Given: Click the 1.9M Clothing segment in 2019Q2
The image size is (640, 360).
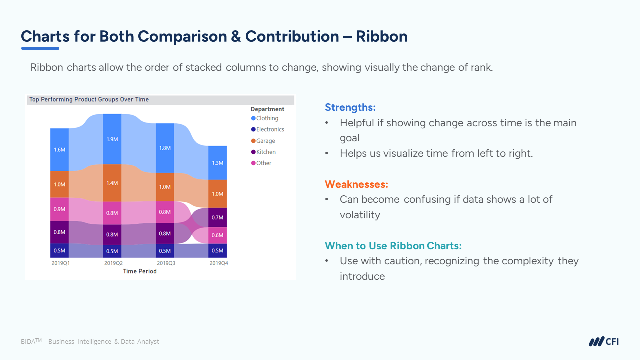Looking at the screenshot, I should pyautogui.click(x=112, y=139).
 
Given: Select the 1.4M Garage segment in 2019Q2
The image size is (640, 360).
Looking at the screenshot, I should pyautogui.click(x=112, y=183).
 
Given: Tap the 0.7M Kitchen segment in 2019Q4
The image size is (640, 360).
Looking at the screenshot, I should pyautogui.click(x=217, y=217).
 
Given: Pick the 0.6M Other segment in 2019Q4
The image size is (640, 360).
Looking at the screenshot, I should pyautogui.click(x=217, y=235).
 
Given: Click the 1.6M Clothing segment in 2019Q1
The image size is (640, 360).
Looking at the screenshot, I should pyautogui.click(x=59, y=150).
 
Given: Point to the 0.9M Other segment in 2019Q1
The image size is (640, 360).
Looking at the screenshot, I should pyautogui.click(x=59, y=209).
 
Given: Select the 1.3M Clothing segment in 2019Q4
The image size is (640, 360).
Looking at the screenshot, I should pyautogui.click(x=217, y=163).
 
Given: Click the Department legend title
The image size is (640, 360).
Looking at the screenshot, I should pyautogui.click(x=267, y=109).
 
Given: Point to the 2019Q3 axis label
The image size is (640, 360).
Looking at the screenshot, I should pyautogui.click(x=166, y=263).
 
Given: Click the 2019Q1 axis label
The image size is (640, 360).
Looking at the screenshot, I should pyautogui.click(x=60, y=263).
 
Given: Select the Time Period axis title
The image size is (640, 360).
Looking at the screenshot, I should pyautogui.click(x=140, y=271).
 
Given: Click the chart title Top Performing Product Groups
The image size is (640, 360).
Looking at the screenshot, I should pyautogui.click(x=89, y=99).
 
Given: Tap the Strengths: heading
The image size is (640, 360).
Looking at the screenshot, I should pyautogui.click(x=350, y=107).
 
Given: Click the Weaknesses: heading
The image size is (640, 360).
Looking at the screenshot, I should pyautogui.click(x=356, y=184).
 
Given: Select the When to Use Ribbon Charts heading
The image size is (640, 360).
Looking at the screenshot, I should pyautogui.click(x=393, y=245).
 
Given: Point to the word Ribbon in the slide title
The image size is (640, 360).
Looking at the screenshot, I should pyautogui.click(x=382, y=36).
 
